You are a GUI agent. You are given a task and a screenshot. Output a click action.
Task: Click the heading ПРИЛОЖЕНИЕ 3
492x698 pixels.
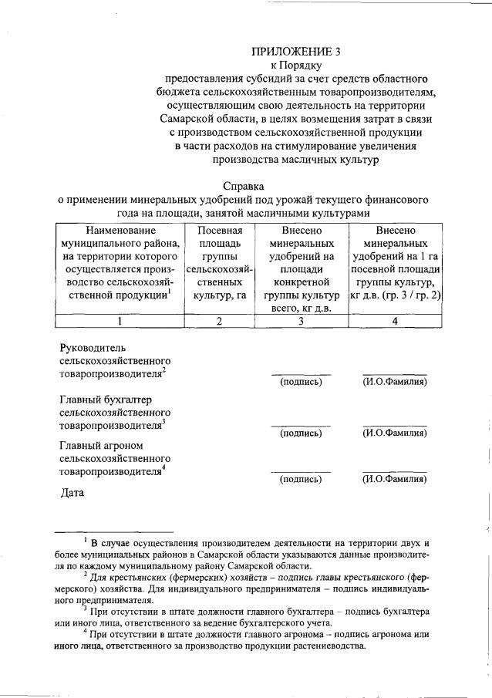pos(295,52)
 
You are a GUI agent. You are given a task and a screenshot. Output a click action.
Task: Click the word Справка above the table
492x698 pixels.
pos(244,186)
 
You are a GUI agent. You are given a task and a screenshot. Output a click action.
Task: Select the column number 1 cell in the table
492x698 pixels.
pos(120,322)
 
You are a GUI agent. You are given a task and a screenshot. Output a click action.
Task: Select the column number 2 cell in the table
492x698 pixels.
pos(219,322)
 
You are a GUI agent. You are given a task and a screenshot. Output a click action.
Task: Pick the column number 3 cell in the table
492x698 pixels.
pos(301,322)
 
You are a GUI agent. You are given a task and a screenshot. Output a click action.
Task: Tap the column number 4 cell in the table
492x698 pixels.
pos(395,322)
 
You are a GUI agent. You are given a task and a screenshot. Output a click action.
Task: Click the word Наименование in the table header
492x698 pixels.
pos(120,230)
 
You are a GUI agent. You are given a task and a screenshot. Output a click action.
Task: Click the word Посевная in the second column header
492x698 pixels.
pos(220,230)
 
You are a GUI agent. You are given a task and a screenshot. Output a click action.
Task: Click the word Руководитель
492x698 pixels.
pos(93,348)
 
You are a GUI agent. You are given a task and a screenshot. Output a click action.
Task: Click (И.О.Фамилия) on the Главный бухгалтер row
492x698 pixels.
pos(395,433)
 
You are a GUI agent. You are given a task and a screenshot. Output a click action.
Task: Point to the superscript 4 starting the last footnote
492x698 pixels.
pos(85,630)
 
